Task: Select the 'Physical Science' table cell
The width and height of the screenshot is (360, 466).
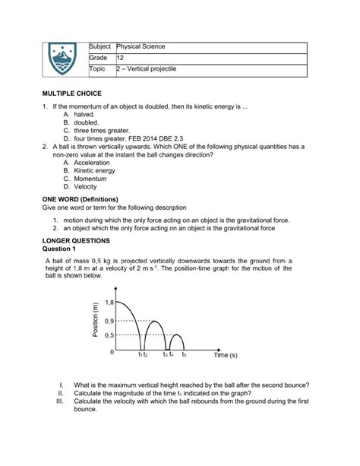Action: pyautogui.click(x=141, y=47)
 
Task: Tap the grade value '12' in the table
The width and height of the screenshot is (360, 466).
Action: pyautogui.click(x=119, y=58)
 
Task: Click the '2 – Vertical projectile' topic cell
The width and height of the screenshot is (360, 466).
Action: pyautogui.click(x=146, y=69)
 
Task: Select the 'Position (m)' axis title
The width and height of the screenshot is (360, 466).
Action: pyautogui.click(x=95, y=322)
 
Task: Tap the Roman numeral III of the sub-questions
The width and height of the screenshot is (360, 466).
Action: pyautogui.click(x=59, y=401)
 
